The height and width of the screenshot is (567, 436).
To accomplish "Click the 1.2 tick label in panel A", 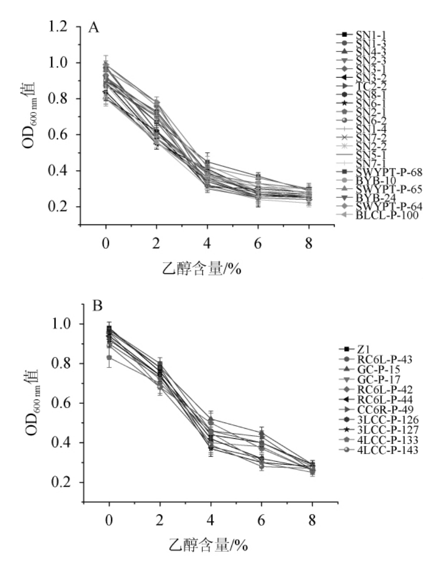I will [62, 27].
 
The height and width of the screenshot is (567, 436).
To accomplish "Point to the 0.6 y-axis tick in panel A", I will [62, 135].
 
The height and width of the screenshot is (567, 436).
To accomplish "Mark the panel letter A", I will [94, 28].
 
